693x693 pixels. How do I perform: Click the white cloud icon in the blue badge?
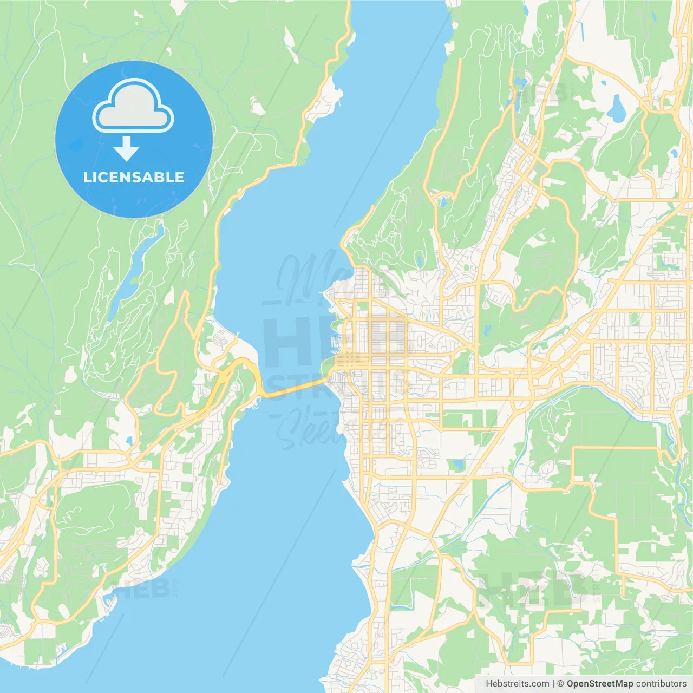[x=133, y=106]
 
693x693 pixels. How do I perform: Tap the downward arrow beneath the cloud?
[x=127, y=148]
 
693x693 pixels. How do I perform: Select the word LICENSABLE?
[x=133, y=178]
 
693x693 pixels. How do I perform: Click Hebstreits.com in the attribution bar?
[x=517, y=684]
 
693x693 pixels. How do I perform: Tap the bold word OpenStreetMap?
[x=599, y=684]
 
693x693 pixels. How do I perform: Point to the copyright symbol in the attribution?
[x=560, y=684]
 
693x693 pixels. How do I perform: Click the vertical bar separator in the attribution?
[x=553, y=684]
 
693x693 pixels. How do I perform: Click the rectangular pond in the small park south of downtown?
[x=459, y=465]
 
